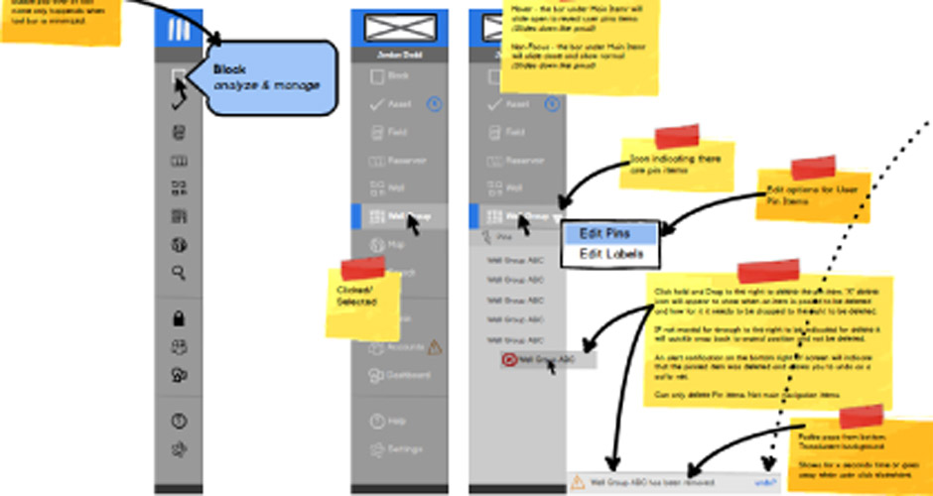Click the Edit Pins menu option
610,234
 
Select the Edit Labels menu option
610,254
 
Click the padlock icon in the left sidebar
180,319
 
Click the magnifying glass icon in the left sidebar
180,273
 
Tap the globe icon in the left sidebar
180,245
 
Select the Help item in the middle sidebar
397,421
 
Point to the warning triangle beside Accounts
434,346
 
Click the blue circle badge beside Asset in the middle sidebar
434,103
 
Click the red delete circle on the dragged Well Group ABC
510,360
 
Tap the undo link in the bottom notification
765,482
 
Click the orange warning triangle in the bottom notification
578,482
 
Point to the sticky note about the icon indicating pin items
677,163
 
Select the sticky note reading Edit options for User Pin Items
814,193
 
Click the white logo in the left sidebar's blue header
180,30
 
